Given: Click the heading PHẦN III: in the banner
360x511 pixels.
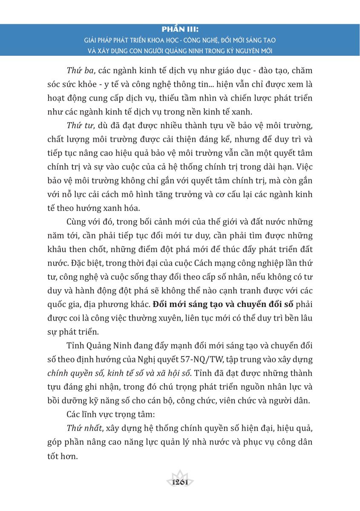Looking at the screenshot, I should coord(180,30).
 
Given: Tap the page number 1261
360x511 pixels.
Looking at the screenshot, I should coord(180,482).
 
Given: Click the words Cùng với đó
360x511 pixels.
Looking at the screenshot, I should coord(88,222).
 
